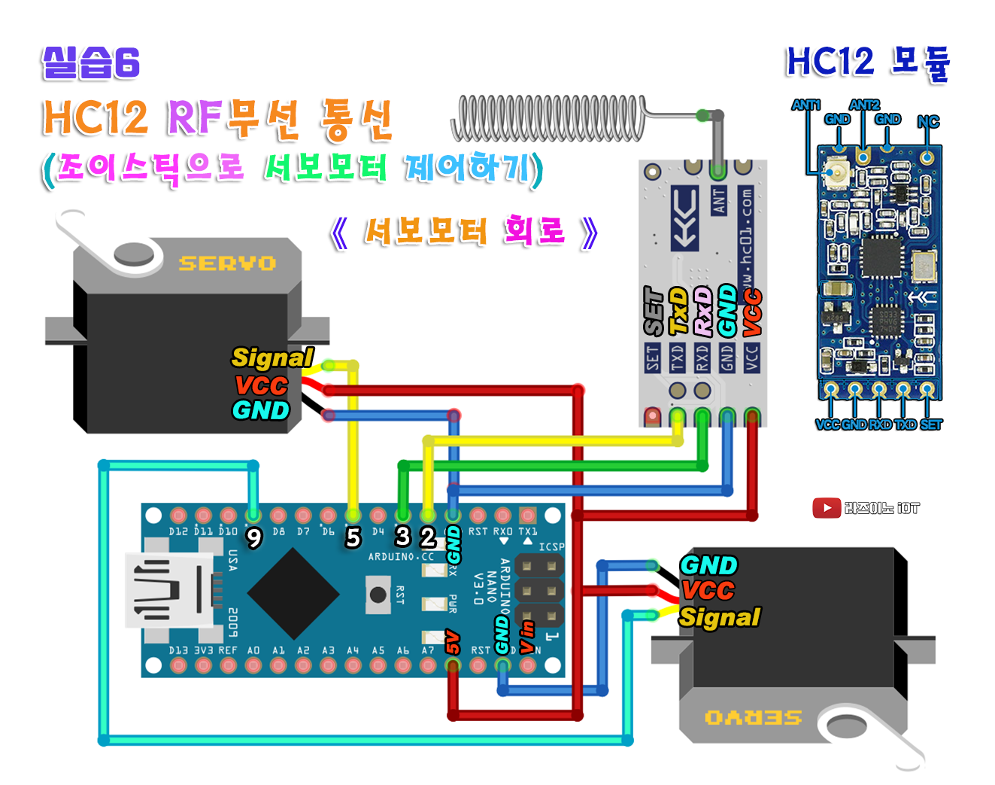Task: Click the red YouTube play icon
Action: coord(827,508)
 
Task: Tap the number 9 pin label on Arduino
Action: coord(254,537)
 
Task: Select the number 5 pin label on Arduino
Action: coord(353,537)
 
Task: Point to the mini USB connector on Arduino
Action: coord(169,591)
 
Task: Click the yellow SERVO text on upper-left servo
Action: coord(227,263)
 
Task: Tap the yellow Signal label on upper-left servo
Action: coord(272,358)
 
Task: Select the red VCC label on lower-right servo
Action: coord(708,590)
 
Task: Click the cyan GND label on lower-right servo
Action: coord(708,565)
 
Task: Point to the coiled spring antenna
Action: coord(550,118)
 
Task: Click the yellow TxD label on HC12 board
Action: coord(678,311)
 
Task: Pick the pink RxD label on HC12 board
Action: coord(702,311)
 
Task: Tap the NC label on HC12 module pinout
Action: coord(928,122)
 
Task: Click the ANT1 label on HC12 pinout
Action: coord(805,105)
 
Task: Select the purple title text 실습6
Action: coord(91,63)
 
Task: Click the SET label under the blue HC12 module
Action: coord(930,424)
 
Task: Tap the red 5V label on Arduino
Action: coord(452,641)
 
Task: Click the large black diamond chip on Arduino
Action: coord(293,594)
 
